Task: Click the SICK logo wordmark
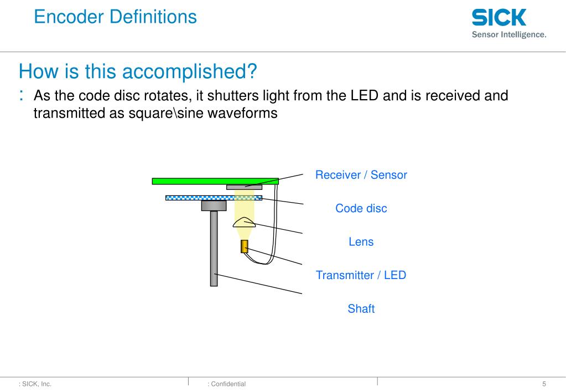click(x=499, y=18)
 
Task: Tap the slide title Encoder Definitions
click(x=115, y=17)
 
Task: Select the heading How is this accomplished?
click(x=138, y=71)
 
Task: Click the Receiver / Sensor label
click(x=361, y=175)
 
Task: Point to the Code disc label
click(x=361, y=209)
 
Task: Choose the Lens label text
click(x=361, y=242)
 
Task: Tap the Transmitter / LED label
click(x=361, y=275)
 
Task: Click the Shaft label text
click(x=361, y=309)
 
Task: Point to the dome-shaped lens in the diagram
click(x=244, y=223)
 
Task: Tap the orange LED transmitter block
click(x=244, y=246)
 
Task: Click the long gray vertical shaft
click(x=214, y=249)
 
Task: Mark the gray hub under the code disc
click(x=214, y=206)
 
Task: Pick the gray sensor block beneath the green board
click(x=244, y=187)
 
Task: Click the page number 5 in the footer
click(x=544, y=384)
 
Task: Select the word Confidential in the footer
click(x=228, y=384)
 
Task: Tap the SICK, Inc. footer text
click(x=37, y=384)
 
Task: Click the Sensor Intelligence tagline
click(x=508, y=34)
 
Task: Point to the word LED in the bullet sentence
click(x=365, y=96)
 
